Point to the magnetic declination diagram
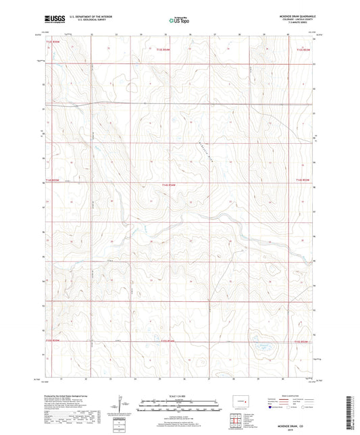tap(124, 406)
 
